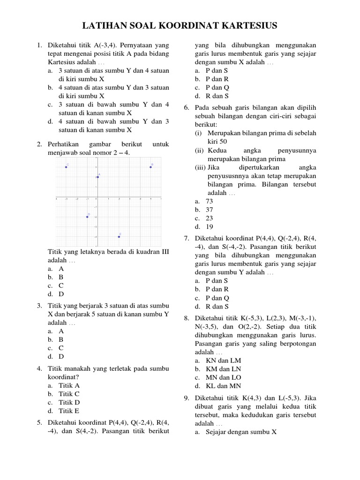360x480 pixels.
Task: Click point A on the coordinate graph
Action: [x=97, y=177]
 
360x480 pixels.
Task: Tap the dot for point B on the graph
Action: [x=150, y=167]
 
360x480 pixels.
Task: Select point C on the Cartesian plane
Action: [x=66, y=167]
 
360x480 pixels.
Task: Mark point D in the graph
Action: [x=87, y=217]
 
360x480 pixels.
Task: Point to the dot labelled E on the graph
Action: [x=119, y=237]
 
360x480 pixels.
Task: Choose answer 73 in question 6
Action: [x=209, y=201]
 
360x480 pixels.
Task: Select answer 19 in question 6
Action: [x=209, y=226]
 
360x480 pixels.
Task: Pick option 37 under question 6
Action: [x=209, y=210]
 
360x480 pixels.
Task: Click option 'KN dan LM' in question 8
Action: [x=223, y=360]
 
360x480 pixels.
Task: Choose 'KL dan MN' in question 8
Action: [x=223, y=386]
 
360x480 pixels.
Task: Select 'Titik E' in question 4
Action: [x=69, y=411]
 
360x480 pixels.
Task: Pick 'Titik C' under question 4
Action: [x=69, y=394]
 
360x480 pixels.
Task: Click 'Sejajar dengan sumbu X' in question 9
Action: [x=241, y=432]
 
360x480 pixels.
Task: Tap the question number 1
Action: [x=39, y=45]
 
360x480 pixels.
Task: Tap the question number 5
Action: [x=39, y=423]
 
